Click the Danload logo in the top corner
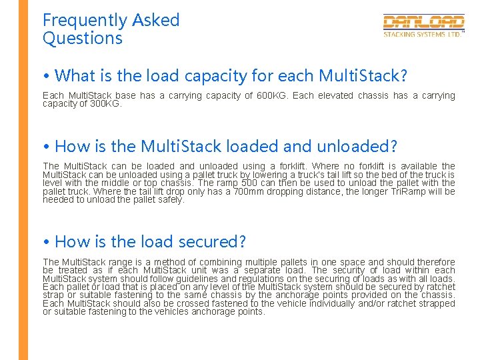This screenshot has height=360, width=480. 423,23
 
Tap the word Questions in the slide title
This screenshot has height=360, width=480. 83,39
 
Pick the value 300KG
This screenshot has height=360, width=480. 103,104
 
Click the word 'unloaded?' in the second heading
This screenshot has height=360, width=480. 361,146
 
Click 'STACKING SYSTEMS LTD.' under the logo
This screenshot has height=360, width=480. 422,34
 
